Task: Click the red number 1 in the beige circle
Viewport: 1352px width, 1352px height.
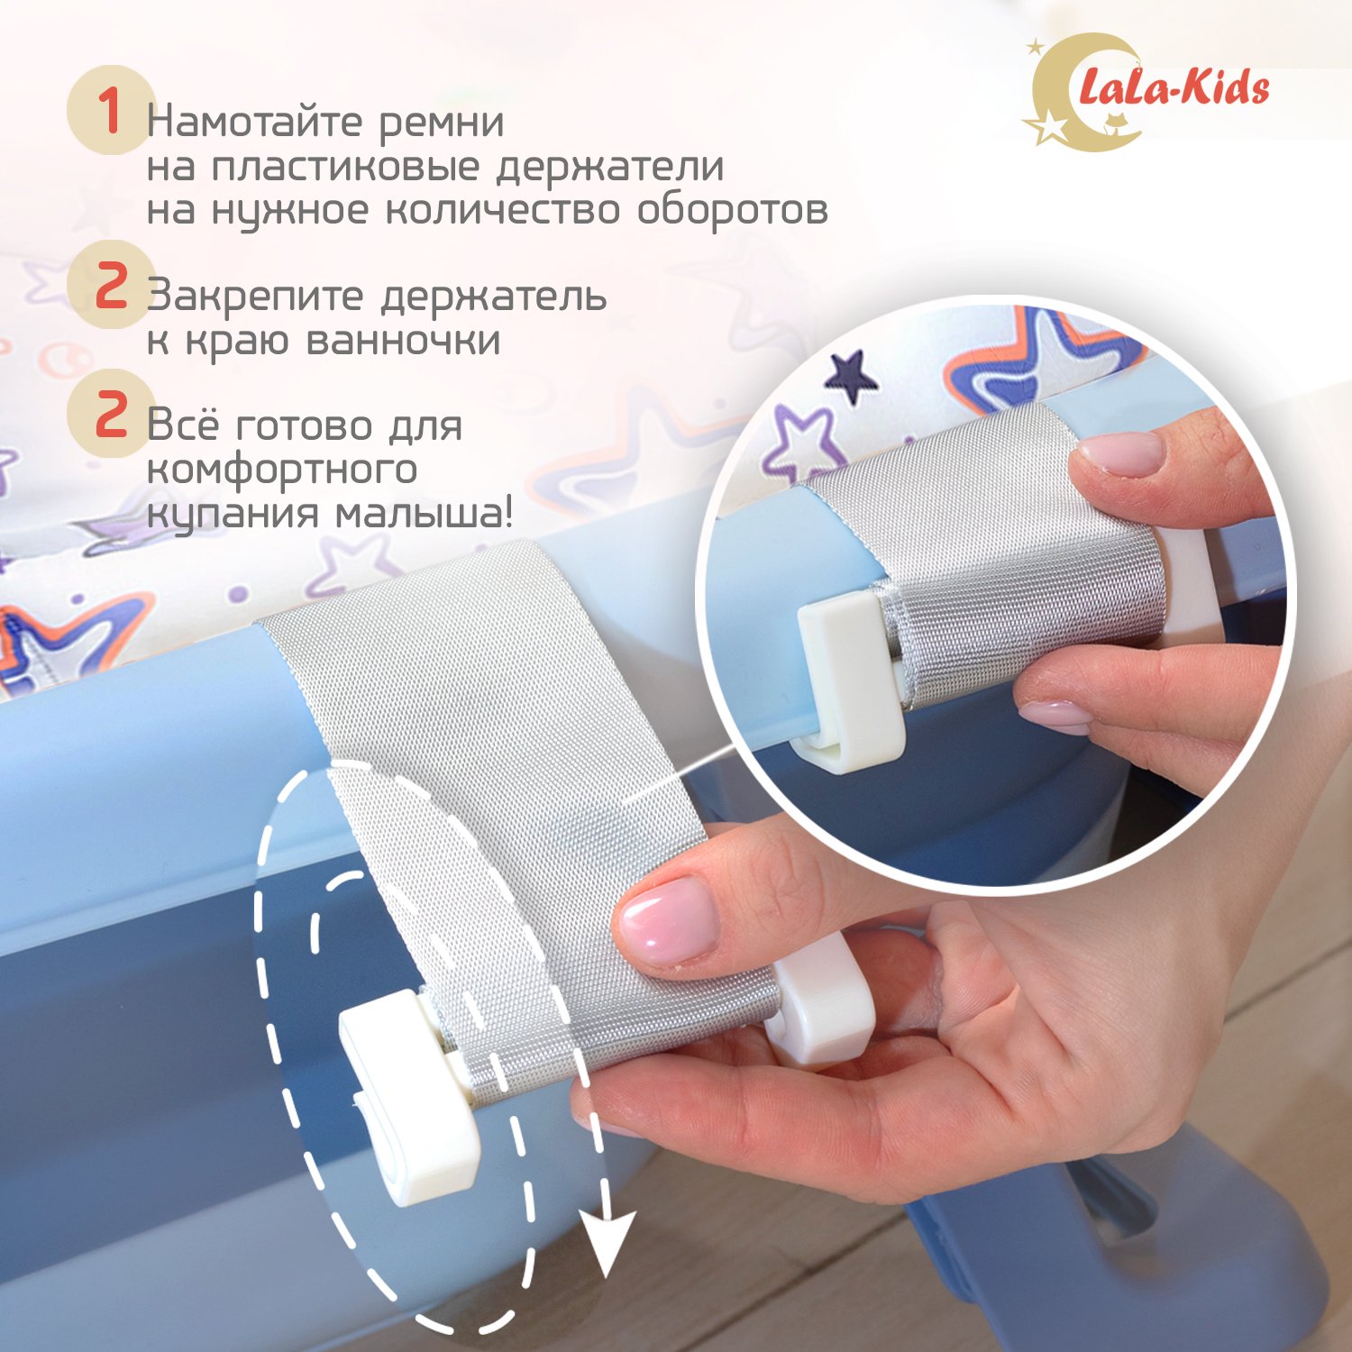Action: click(x=110, y=111)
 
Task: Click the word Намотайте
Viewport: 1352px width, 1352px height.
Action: click(x=254, y=122)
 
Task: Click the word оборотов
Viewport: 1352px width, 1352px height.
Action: click(x=733, y=210)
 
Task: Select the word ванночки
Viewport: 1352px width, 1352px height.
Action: click(x=404, y=341)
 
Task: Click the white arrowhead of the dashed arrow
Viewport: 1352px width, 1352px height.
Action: click(x=608, y=1243)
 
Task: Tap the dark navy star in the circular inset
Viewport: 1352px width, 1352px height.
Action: click(x=850, y=373)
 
